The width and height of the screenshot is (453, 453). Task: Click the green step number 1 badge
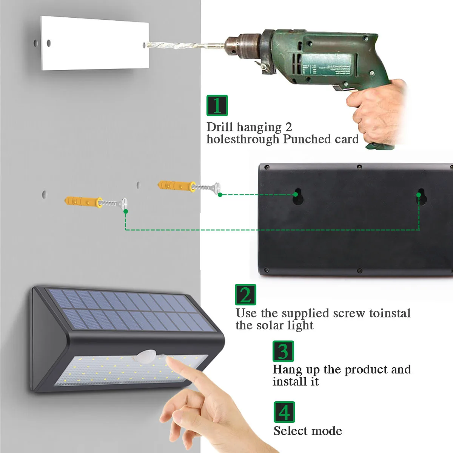(x=217, y=105)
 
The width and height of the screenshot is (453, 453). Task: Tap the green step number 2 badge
(x=245, y=294)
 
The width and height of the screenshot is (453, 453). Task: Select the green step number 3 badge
(x=283, y=351)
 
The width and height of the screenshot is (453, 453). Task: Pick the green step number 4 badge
(x=284, y=412)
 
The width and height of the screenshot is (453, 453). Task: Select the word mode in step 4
(x=327, y=431)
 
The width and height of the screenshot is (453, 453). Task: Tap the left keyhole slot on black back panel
(x=298, y=196)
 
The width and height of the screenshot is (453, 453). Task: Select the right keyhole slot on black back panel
(x=422, y=197)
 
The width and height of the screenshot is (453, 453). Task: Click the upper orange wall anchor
(x=177, y=186)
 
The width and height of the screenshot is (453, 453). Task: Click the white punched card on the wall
(x=95, y=43)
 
